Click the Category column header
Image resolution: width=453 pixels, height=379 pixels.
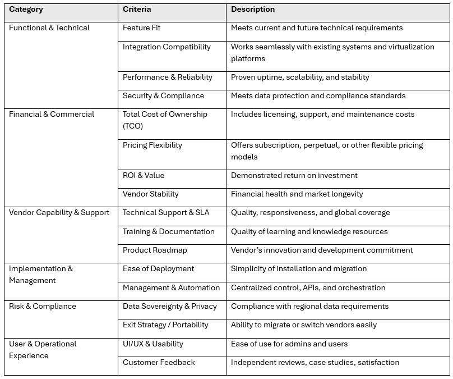pos(26,10)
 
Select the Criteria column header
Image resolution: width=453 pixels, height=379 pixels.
pos(137,10)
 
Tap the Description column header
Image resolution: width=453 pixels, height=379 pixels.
pos(253,10)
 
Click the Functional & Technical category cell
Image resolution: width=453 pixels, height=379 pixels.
pos(49,28)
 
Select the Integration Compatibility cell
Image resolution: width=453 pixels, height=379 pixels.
pos(167,47)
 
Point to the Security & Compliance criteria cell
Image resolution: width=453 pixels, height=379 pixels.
pos(163,95)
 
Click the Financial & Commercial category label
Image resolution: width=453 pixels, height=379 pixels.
pos(52,114)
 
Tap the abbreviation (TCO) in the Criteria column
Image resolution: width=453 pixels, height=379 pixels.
pos(133,126)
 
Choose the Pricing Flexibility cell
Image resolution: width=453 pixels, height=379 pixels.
pos(152,145)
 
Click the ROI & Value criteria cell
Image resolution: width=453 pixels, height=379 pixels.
pos(144,175)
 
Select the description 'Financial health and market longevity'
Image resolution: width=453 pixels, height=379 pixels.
pos(297,194)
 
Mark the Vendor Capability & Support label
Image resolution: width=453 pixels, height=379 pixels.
pos(59,212)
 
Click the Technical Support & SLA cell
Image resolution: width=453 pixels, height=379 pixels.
pos(166,212)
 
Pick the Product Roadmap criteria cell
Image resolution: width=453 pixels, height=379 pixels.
pos(155,250)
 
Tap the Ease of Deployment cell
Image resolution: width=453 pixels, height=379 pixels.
pos(158,268)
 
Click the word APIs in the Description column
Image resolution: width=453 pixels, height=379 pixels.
pos(309,287)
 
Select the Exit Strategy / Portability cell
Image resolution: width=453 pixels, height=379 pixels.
pos(165,325)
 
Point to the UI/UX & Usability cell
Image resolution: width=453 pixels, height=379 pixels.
pos(153,344)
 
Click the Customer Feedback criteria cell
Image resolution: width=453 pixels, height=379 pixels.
pos(159,362)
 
